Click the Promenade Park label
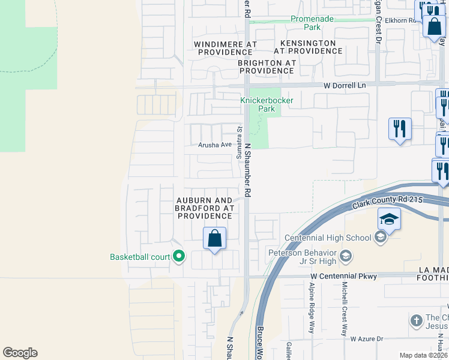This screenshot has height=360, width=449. [312, 23]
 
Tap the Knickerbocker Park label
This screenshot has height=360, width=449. [267, 104]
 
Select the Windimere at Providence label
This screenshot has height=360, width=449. [226, 48]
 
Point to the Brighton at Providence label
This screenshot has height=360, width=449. [267, 67]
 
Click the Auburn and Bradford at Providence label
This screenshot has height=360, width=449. [203, 208]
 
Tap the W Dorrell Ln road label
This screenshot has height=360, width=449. [345, 86]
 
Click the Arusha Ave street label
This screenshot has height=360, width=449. [215, 145]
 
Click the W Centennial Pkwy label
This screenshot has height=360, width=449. [343, 276]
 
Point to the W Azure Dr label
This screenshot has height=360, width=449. [367, 339]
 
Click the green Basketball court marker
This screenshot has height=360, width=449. [178, 257]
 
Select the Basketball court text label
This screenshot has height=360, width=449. [140, 257]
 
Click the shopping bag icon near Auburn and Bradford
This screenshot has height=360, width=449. [214, 239]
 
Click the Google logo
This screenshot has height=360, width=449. [20, 353]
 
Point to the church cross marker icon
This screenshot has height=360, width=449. [417, 320]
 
